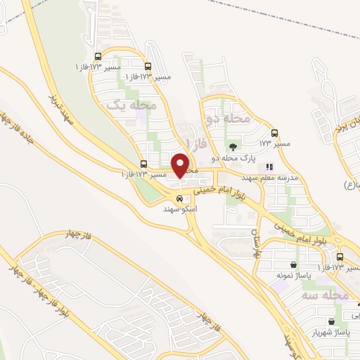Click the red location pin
pos(181,165)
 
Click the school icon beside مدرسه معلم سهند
pos(269,167)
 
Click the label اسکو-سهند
pos(180,210)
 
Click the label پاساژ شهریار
pos(332,333)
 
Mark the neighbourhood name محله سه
pos(330,296)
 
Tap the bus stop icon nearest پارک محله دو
pos(274,132)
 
